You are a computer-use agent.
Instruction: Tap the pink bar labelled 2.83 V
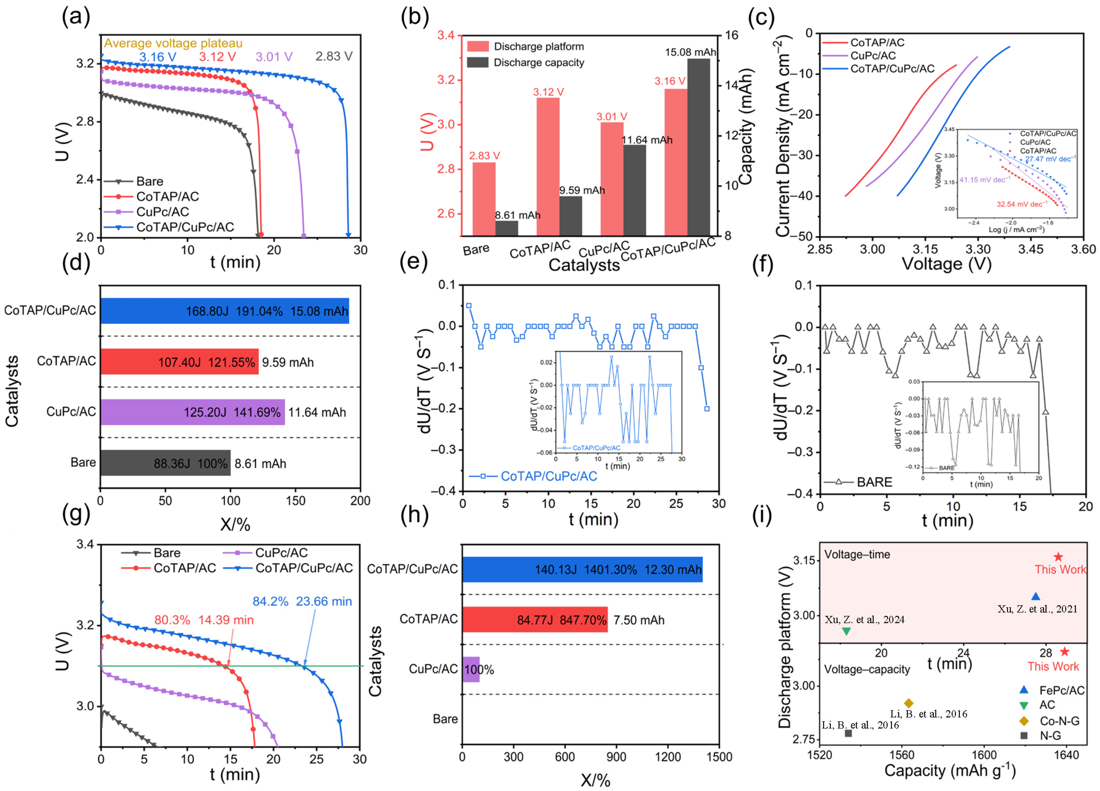484,199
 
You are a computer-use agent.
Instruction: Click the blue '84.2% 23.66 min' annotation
302,602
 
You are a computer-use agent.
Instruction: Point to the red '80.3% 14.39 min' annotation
204,620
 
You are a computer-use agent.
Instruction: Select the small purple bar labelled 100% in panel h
470,669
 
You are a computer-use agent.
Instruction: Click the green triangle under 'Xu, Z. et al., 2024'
846,631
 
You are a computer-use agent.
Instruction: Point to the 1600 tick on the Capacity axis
984,755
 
